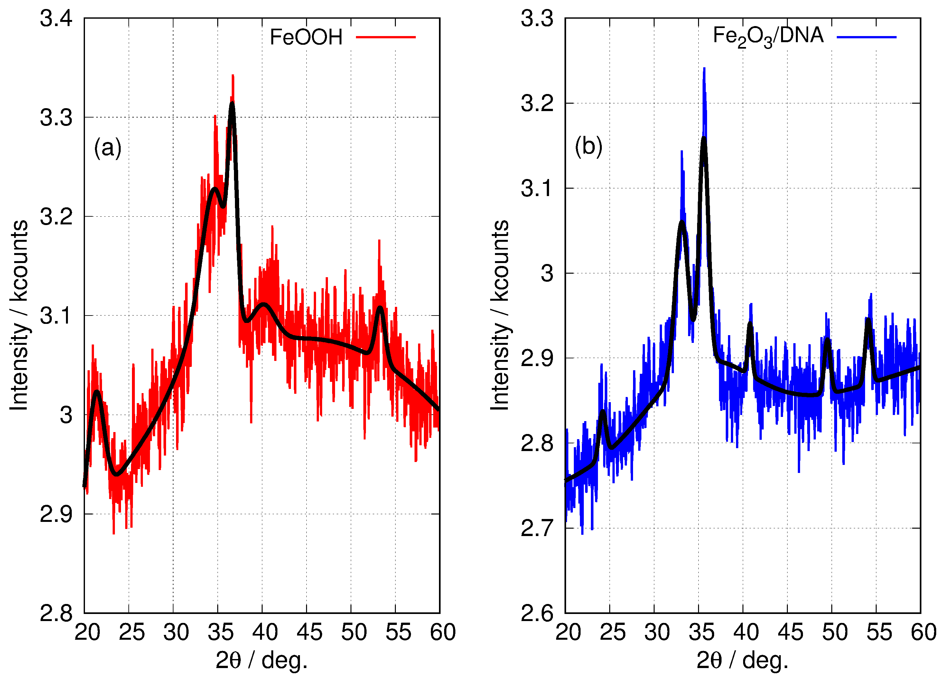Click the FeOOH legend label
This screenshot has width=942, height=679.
point(306,37)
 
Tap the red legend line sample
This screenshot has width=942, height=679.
point(386,37)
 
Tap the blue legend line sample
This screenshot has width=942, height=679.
point(866,37)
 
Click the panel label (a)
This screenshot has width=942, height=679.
point(107,147)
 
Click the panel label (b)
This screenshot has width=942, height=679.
point(589,146)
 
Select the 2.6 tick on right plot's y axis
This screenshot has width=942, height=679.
point(537,613)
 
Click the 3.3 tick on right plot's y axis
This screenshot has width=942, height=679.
point(537,19)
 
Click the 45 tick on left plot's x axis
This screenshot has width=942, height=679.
point(309,632)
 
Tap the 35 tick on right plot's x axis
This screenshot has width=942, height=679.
point(702,632)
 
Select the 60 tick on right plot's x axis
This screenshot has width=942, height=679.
point(923,632)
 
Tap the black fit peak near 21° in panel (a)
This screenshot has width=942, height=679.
point(97,392)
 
